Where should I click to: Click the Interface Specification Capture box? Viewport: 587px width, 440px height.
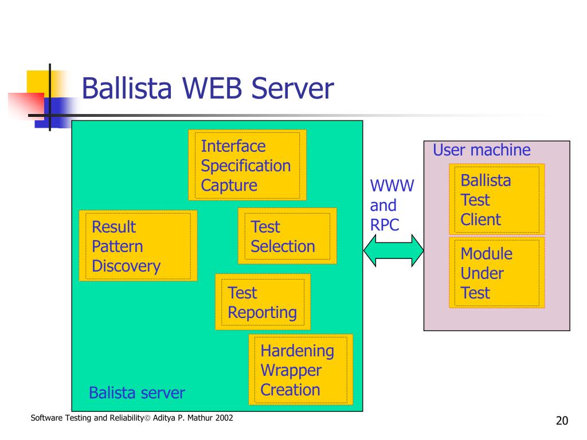[247, 165]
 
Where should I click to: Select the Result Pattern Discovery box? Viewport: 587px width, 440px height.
[138, 245]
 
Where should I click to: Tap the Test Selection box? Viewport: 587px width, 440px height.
[287, 236]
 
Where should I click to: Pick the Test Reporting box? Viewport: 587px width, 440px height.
[263, 302]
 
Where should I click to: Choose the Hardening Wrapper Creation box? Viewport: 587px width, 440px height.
[300, 370]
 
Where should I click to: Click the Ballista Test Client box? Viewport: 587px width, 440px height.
[497, 199]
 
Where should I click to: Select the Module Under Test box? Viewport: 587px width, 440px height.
[497, 272]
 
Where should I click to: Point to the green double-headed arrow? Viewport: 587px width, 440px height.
[393, 251]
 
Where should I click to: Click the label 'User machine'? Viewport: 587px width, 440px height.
[482, 150]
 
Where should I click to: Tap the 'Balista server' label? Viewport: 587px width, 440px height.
[136, 393]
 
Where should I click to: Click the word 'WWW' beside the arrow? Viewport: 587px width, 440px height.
[392, 186]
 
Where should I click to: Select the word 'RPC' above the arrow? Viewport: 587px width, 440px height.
[385, 225]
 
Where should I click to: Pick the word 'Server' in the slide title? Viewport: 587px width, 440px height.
[292, 88]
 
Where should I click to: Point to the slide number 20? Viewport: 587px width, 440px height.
[562, 421]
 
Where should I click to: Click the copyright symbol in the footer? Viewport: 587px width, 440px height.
[147, 418]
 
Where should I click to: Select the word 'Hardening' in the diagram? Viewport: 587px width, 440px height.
[298, 351]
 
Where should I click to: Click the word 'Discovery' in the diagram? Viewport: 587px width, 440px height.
[126, 266]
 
